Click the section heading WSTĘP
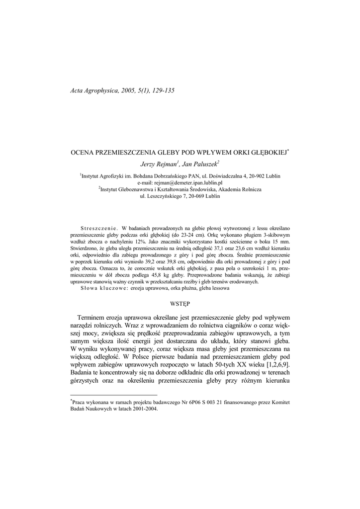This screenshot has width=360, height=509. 180,302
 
